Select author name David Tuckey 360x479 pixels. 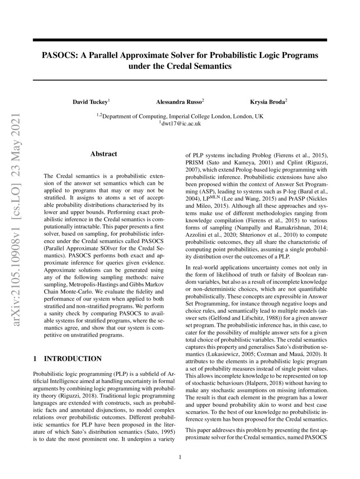(90, 102)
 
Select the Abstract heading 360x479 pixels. (104, 154)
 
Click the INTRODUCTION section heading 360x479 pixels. (73, 359)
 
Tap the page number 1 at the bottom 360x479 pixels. (180, 457)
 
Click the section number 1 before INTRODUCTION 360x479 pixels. (35, 359)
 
